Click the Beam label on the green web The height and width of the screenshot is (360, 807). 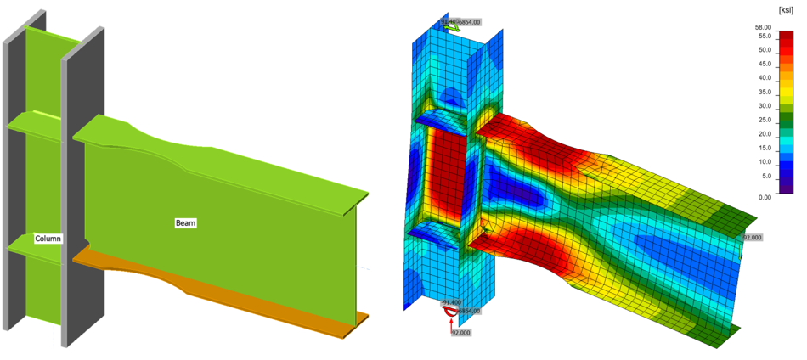pos(185,222)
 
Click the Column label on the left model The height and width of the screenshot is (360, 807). pos(48,239)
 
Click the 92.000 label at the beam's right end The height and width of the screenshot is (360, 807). pos(753,239)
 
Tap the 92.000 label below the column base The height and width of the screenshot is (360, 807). pos(460,333)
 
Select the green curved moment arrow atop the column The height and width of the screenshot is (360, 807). pos(454,26)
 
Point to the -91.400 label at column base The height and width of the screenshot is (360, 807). pos(450,302)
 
